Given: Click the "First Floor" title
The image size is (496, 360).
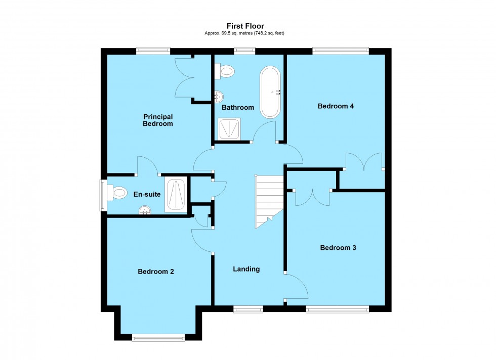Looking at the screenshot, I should (245, 26).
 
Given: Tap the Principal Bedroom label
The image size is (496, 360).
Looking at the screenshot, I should (157, 120).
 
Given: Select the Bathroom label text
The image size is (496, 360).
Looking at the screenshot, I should (238, 107).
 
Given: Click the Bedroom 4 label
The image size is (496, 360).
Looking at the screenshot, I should (336, 106).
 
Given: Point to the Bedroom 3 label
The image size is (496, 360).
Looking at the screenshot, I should (338, 248).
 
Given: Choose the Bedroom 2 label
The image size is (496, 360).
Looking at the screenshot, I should (156, 272).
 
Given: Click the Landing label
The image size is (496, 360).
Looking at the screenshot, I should (246, 269).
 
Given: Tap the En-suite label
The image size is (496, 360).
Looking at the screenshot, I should (144, 194).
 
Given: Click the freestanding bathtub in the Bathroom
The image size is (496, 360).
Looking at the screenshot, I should (270, 92).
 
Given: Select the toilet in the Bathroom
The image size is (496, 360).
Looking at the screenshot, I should (224, 71).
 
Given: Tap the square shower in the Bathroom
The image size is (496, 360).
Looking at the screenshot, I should (230, 128).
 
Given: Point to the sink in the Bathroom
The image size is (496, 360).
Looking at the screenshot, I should (218, 96).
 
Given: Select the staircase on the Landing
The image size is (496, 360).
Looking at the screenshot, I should (268, 201).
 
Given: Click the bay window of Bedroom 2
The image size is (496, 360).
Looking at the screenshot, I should (159, 337).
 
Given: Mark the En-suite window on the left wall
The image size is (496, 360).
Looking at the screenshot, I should (103, 195).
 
